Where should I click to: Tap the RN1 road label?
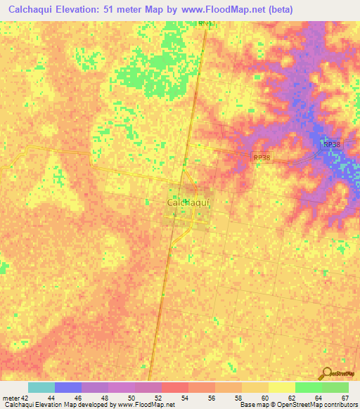(x=205, y=24)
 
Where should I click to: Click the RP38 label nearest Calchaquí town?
(x=261, y=158)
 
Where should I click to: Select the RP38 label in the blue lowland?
(x=331, y=144)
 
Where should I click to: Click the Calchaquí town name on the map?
(x=189, y=202)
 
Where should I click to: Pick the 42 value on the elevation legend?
(x=26, y=397)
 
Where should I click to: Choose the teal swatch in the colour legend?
(x=41, y=387)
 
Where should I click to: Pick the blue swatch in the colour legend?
(x=67, y=387)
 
